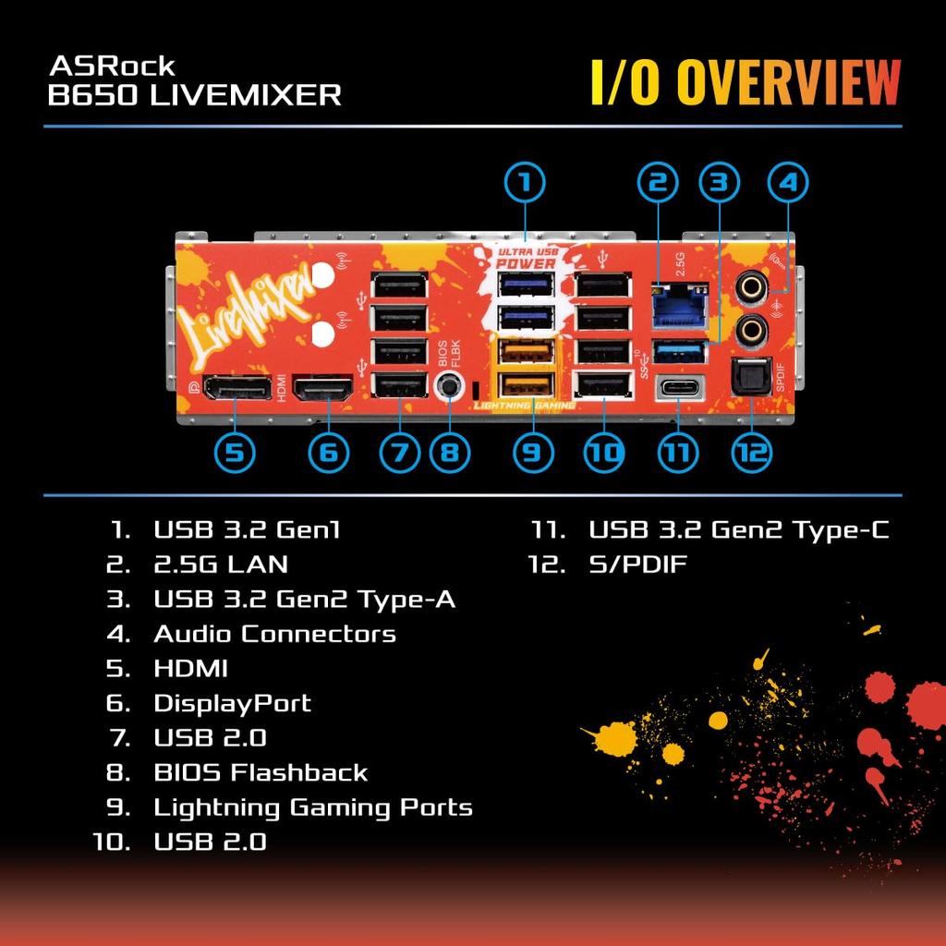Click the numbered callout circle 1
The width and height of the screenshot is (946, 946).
pyautogui.click(x=525, y=183)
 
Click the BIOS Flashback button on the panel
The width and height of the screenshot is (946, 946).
pyautogui.click(x=450, y=386)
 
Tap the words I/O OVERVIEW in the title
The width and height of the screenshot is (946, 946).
pyautogui.click(x=745, y=82)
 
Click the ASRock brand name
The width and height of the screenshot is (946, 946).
pyautogui.click(x=112, y=67)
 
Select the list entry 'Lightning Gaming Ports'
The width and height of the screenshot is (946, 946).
pyautogui.click(x=312, y=807)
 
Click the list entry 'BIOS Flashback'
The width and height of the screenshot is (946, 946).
pyautogui.click(x=261, y=772)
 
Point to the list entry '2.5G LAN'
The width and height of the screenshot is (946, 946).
pyautogui.click(x=221, y=564)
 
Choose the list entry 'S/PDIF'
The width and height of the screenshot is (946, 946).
pyautogui.click(x=637, y=564)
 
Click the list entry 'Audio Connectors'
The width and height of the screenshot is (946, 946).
pyautogui.click(x=274, y=634)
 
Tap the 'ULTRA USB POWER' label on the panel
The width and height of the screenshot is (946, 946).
pyautogui.click(x=527, y=257)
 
